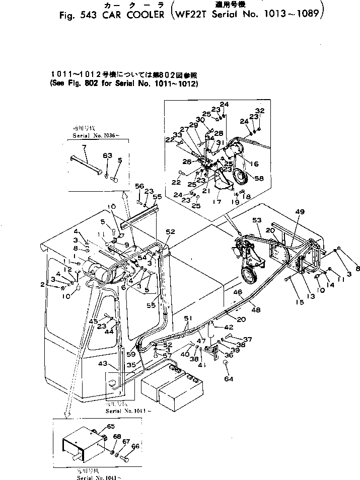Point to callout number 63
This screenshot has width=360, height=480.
(107, 156)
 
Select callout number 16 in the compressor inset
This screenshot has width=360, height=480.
(254, 164)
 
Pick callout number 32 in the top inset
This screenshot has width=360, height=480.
(259, 111)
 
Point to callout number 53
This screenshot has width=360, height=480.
(257, 220)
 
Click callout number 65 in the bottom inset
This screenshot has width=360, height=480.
(110, 427)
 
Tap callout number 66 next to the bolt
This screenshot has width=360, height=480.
(135, 446)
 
